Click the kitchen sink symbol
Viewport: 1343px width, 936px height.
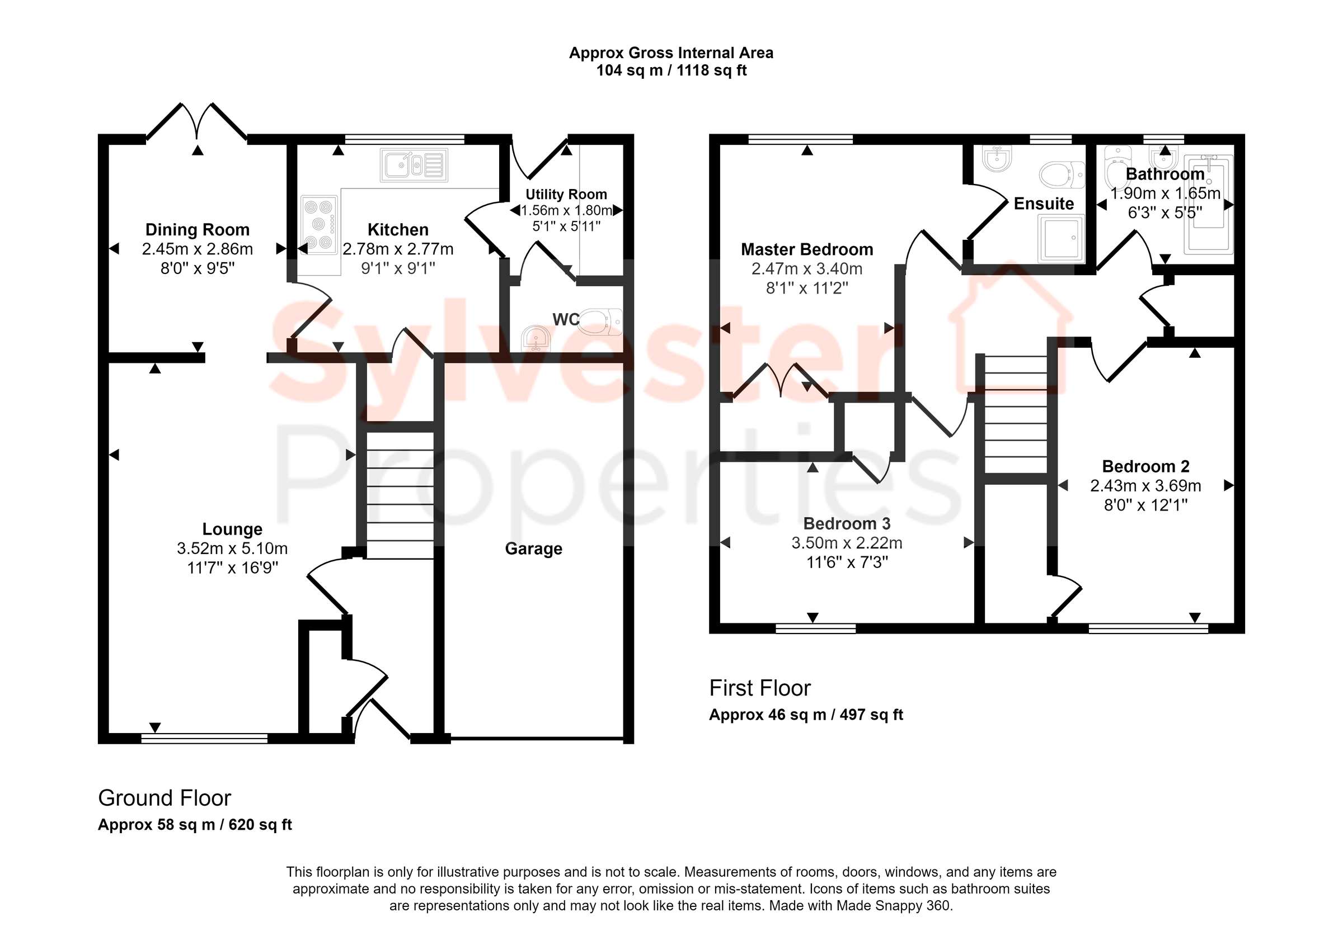pyautogui.click(x=414, y=165)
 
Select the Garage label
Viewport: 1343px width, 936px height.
pyautogui.click(x=533, y=549)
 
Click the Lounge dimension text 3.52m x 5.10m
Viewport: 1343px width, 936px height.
pyautogui.click(x=232, y=549)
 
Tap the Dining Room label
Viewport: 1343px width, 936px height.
pyautogui.click(x=197, y=230)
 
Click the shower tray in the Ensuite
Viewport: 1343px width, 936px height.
pyautogui.click(x=1060, y=238)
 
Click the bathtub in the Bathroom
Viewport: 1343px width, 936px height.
pyautogui.click(x=1209, y=205)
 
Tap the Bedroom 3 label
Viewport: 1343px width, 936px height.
pyautogui.click(x=847, y=523)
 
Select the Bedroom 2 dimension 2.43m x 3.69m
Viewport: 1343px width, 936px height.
pyautogui.click(x=1145, y=486)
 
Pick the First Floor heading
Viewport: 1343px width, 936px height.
pyautogui.click(x=759, y=688)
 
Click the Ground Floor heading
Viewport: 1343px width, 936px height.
pyautogui.click(x=165, y=798)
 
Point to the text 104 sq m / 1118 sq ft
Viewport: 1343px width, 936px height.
pyautogui.click(x=671, y=71)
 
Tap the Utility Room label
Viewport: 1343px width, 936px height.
pyautogui.click(x=566, y=194)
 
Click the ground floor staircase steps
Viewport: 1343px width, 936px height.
pyautogui.click(x=400, y=495)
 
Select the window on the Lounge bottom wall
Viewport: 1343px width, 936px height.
pyautogui.click(x=204, y=739)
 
